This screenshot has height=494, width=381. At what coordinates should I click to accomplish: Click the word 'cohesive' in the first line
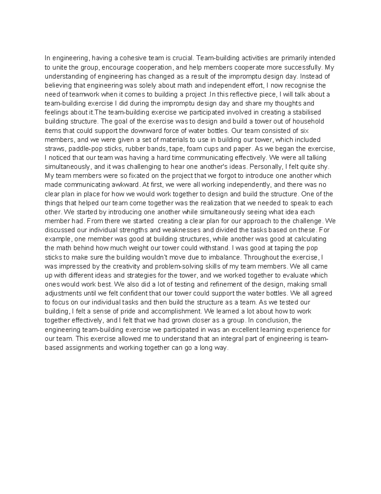(x=131, y=58)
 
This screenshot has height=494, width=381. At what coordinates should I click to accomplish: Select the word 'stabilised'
(x=307, y=112)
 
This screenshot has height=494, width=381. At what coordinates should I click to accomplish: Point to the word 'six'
(x=304, y=130)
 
